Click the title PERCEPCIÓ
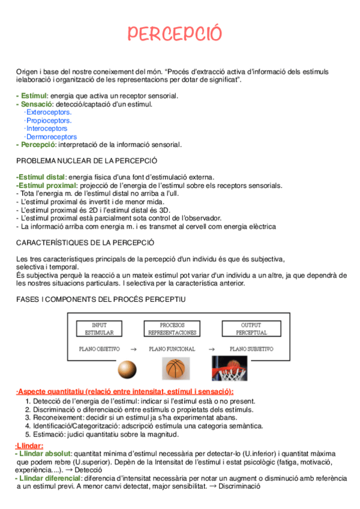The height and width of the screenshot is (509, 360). click(x=174, y=34)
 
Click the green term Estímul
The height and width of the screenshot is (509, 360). click(x=34, y=95)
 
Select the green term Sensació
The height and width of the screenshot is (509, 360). click(x=36, y=104)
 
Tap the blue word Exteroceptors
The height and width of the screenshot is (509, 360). click(x=48, y=112)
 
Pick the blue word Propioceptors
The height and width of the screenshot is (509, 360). click(x=48, y=120)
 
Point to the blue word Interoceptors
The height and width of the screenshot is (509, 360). click(x=46, y=128)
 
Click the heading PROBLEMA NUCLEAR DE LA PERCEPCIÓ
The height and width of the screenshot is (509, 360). click(x=86, y=161)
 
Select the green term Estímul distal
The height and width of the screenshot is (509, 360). click(x=41, y=177)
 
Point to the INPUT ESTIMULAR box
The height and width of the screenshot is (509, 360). click(x=99, y=328)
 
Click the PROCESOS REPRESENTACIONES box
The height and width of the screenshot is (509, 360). click(x=172, y=328)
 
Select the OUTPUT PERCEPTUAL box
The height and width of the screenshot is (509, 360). click(x=251, y=328)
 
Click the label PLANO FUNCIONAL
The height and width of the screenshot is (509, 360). click(x=172, y=348)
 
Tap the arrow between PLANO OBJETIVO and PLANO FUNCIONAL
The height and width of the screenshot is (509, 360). click(x=133, y=348)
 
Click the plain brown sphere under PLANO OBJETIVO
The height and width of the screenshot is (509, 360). click(x=128, y=369)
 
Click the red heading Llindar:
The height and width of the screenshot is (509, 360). click(x=29, y=445)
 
